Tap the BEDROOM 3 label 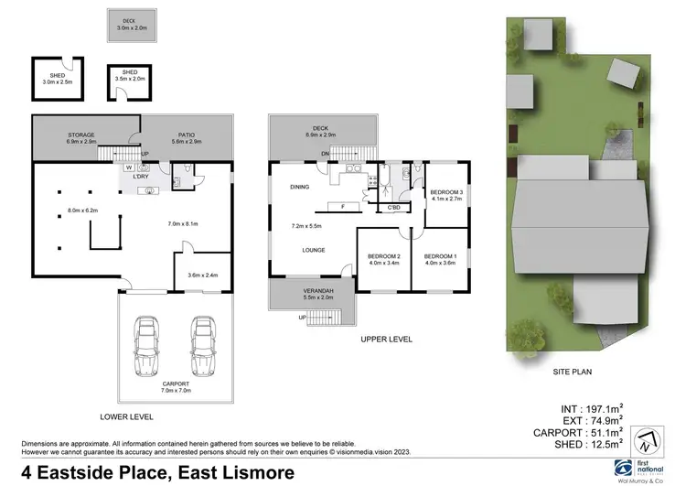(447, 192)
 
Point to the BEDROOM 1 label (440, 257)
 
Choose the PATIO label (187, 135)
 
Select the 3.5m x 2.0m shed (128, 80)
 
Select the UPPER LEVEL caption (386, 340)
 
